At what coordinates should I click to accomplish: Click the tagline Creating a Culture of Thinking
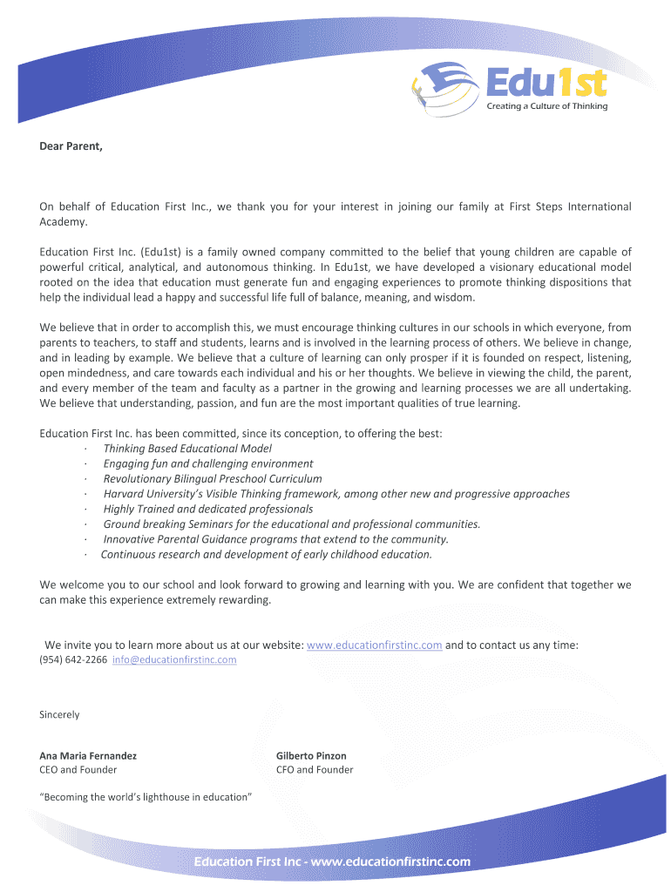coord(546,106)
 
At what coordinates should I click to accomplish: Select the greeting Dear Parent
coord(71,146)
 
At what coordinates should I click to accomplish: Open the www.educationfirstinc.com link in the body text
coord(375,645)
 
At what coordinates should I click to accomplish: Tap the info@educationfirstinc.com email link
coord(174,660)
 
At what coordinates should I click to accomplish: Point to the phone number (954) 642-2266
coord(74,660)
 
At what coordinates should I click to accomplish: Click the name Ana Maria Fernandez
coord(88,755)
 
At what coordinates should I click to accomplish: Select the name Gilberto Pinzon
coord(311,755)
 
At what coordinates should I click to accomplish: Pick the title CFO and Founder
coord(315,770)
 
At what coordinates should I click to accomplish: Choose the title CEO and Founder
coord(78,770)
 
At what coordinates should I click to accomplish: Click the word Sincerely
coord(59,715)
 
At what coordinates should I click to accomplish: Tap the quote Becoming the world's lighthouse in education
coord(146,797)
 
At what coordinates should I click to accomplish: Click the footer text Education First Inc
coord(248,862)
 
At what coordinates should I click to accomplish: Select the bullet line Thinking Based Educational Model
coord(187,449)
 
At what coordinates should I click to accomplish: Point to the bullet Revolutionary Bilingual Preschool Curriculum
coord(213,478)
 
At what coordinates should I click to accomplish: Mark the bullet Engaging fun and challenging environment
coord(208,463)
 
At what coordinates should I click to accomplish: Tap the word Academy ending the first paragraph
coord(64,222)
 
